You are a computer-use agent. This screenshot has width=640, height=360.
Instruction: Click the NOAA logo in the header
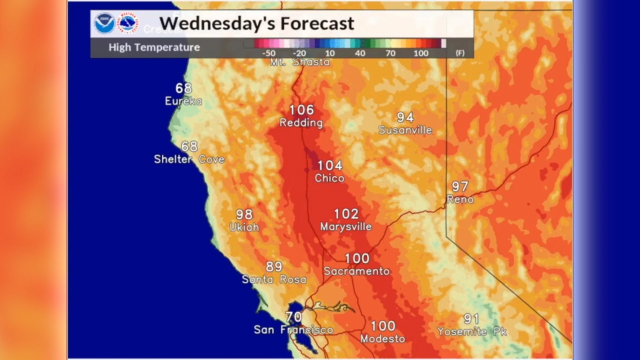[104, 23]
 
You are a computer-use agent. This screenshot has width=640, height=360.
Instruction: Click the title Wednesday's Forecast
[256, 23]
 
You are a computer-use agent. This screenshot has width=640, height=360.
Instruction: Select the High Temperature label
[154, 47]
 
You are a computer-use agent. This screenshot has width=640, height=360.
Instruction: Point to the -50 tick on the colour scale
[268, 53]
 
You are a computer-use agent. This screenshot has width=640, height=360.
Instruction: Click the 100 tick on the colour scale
[421, 53]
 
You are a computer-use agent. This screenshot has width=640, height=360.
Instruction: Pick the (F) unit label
[459, 53]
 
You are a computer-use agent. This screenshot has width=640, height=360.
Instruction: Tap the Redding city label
[301, 122]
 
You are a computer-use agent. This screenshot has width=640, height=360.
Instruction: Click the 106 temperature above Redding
[301, 110]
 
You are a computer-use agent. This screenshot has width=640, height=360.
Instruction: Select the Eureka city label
[183, 101]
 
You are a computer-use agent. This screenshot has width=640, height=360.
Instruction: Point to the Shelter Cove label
[189, 159]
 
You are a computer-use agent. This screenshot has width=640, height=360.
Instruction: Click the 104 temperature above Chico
[330, 165]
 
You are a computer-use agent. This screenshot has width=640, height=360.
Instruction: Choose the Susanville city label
[405, 130]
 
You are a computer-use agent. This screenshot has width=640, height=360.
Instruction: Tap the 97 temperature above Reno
[460, 186]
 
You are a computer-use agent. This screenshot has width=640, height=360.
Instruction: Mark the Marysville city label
[346, 226]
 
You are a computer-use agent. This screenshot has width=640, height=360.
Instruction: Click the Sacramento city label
[356, 271]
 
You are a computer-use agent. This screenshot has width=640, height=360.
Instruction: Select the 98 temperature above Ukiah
[244, 214]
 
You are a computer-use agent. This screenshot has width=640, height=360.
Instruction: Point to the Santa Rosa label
[274, 279]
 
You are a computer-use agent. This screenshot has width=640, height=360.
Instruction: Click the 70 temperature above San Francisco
[293, 316]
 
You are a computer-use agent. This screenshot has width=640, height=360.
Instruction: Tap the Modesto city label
[382, 338]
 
